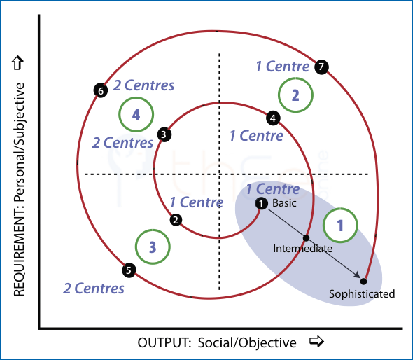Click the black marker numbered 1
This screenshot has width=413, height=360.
[261, 204]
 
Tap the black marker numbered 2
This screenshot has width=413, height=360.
[176, 220]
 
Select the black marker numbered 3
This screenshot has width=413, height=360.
[164, 134]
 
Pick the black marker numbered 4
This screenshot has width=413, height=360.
[273, 118]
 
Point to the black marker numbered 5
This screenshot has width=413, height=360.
[129, 270]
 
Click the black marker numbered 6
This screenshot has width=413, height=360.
[101, 90]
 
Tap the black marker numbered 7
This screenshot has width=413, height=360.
[321, 67]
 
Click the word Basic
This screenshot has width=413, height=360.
[284, 203]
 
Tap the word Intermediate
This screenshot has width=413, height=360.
[302, 249]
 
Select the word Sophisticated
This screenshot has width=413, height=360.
[362, 294]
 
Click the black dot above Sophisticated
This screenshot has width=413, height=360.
[363, 282]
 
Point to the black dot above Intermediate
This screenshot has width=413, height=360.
[306, 238]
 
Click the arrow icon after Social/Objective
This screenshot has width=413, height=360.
[316, 341]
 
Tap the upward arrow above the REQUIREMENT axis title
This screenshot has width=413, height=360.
[17, 63]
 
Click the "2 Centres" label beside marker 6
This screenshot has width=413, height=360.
[143, 85]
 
